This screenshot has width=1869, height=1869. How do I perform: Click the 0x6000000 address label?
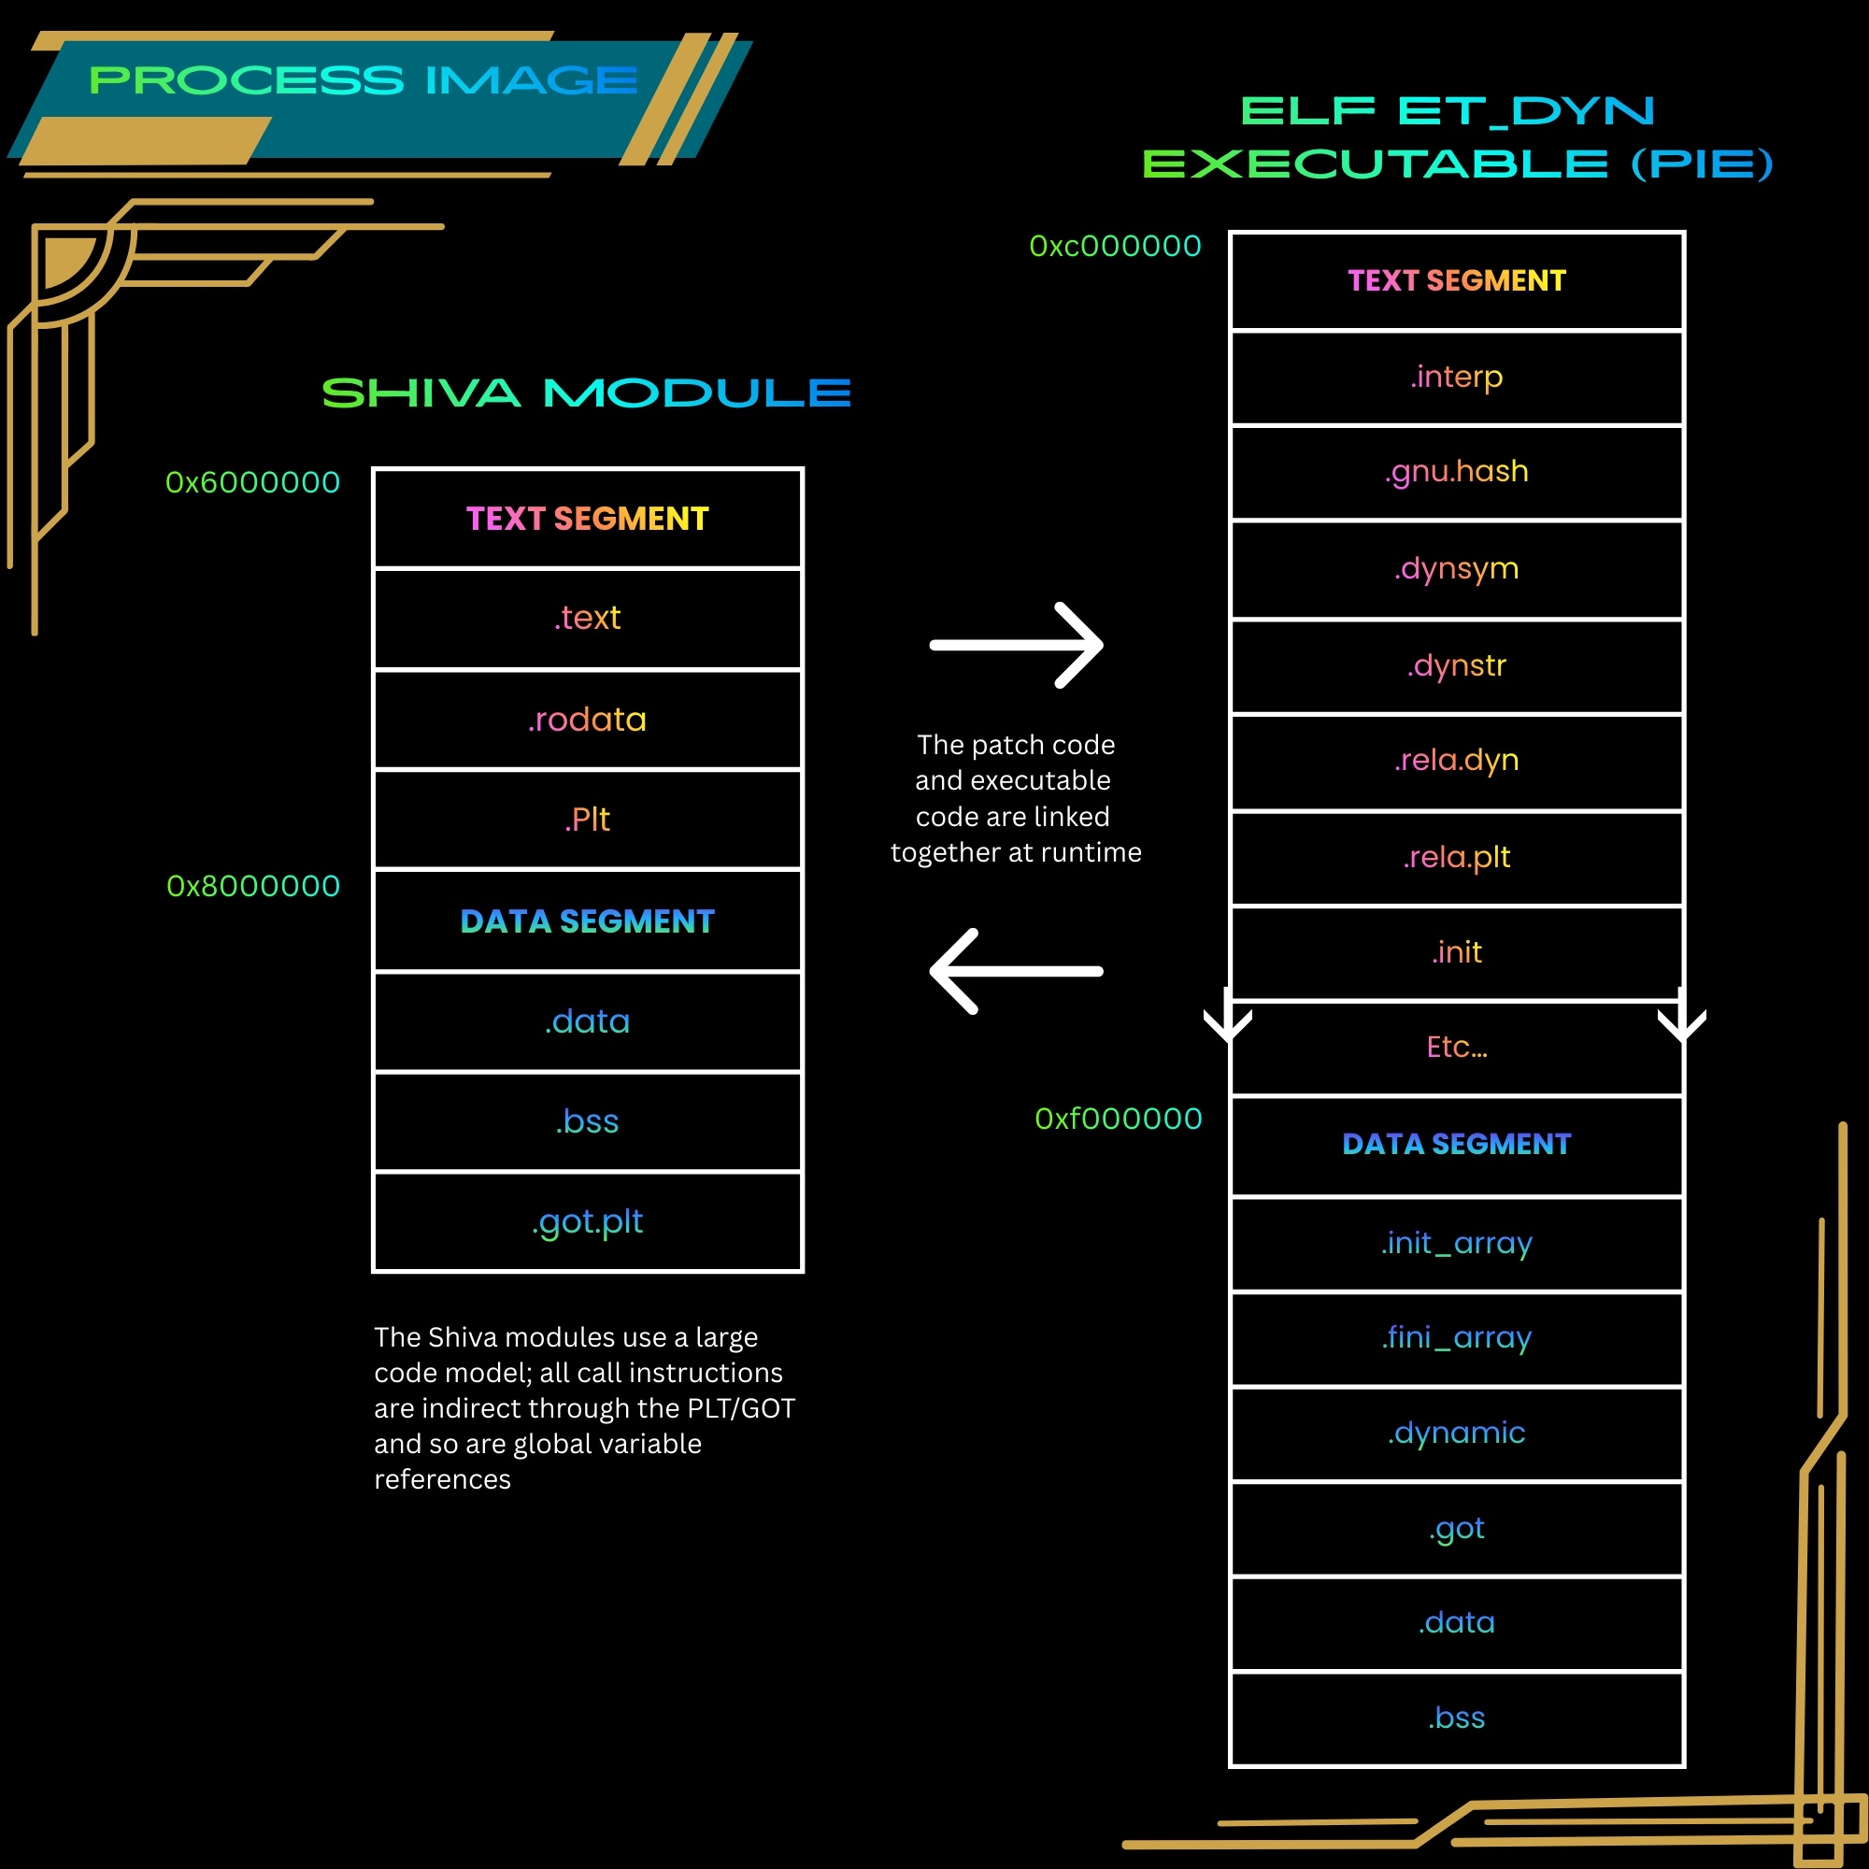click(252, 482)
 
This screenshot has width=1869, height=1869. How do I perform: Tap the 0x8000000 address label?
click(253, 885)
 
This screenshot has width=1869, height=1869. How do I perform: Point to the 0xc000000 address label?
click(1116, 246)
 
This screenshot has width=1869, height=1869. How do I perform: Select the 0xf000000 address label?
click(1119, 1119)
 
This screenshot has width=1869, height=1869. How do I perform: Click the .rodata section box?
click(587, 719)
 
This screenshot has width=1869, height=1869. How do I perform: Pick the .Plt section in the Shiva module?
click(587, 820)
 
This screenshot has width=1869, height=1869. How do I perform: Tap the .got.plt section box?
click(587, 1220)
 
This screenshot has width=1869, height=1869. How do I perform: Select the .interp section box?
click(1456, 377)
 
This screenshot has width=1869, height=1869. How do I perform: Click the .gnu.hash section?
click(1456, 472)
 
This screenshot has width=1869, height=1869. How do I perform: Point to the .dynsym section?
click(1456, 569)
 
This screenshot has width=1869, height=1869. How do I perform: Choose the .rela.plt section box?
click(1456, 857)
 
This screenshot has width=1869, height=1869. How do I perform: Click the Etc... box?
click(1456, 1048)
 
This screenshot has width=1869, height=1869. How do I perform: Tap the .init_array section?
click(1456, 1243)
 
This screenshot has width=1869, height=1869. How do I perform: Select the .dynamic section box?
click(1456, 1433)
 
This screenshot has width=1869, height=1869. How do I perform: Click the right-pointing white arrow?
click(1016, 645)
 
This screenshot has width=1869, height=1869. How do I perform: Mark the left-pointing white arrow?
click(1016, 971)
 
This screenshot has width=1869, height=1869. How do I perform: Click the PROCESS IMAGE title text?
click(363, 80)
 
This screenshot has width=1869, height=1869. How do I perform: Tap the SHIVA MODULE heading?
click(586, 392)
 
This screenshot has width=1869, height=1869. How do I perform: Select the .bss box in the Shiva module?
click(587, 1121)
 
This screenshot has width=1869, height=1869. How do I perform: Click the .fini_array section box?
click(1456, 1338)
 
